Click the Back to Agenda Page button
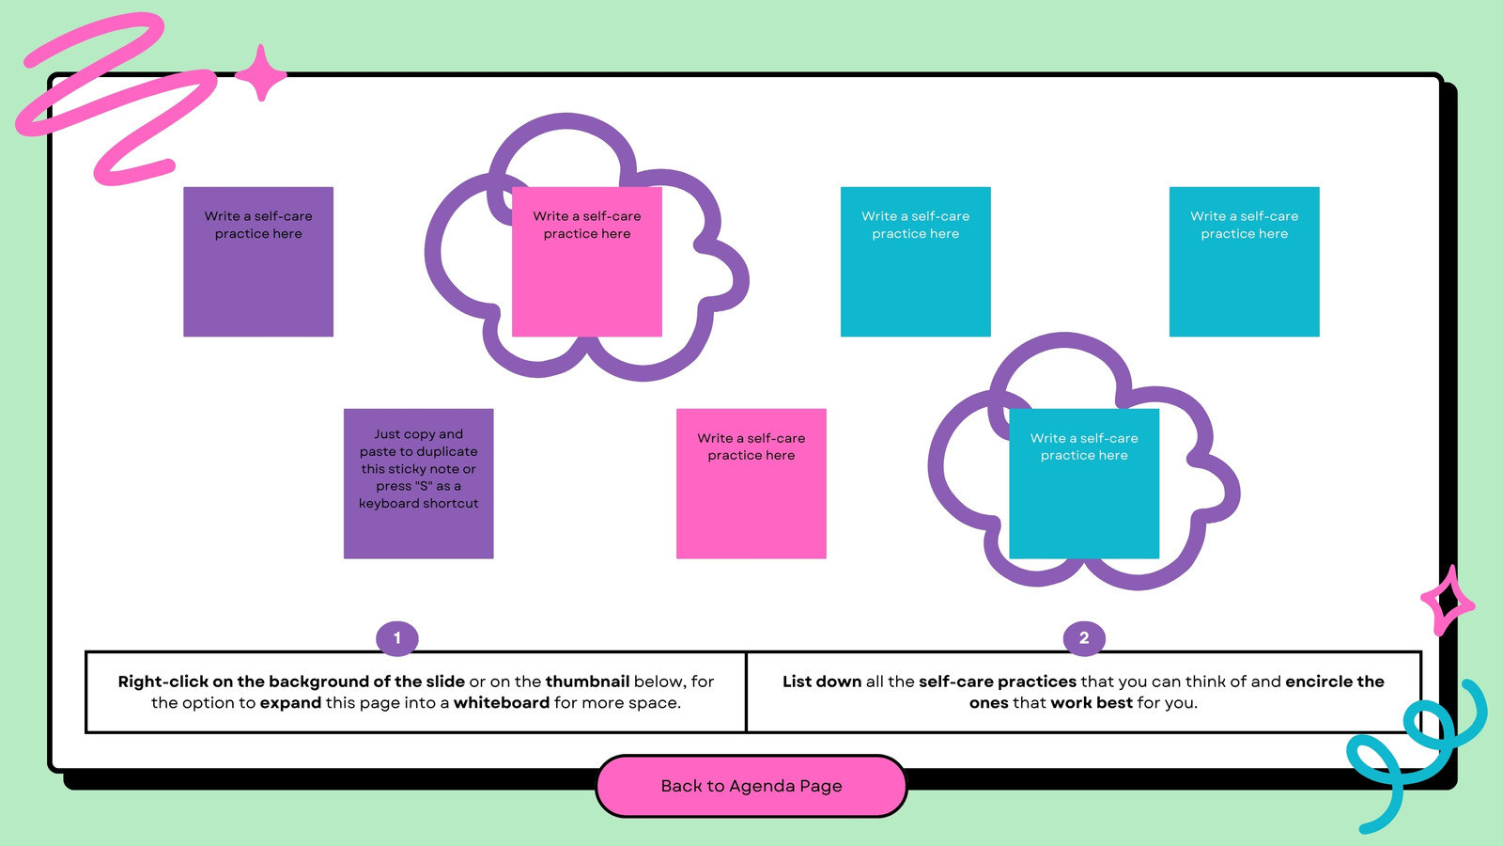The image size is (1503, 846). click(751, 786)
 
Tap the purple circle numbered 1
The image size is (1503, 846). click(397, 638)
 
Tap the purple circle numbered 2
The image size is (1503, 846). click(1084, 638)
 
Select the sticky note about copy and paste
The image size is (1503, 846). click(419, 483)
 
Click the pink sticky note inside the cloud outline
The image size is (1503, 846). click(587, 262)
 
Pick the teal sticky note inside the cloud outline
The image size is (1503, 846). click(1084, 483)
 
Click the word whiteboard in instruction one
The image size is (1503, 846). click(502, 703)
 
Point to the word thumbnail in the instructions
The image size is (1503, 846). click(587, 681)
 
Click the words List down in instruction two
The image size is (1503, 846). click(822, 681)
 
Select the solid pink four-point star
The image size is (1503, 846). click(261, 74)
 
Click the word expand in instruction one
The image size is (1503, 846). click(290, 703)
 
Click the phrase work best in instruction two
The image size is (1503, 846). click(1092, 703)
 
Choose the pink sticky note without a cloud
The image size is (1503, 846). click(751, 483)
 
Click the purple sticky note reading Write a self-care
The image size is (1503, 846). click(258, 262)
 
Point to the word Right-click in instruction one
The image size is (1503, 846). click(163, 681)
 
